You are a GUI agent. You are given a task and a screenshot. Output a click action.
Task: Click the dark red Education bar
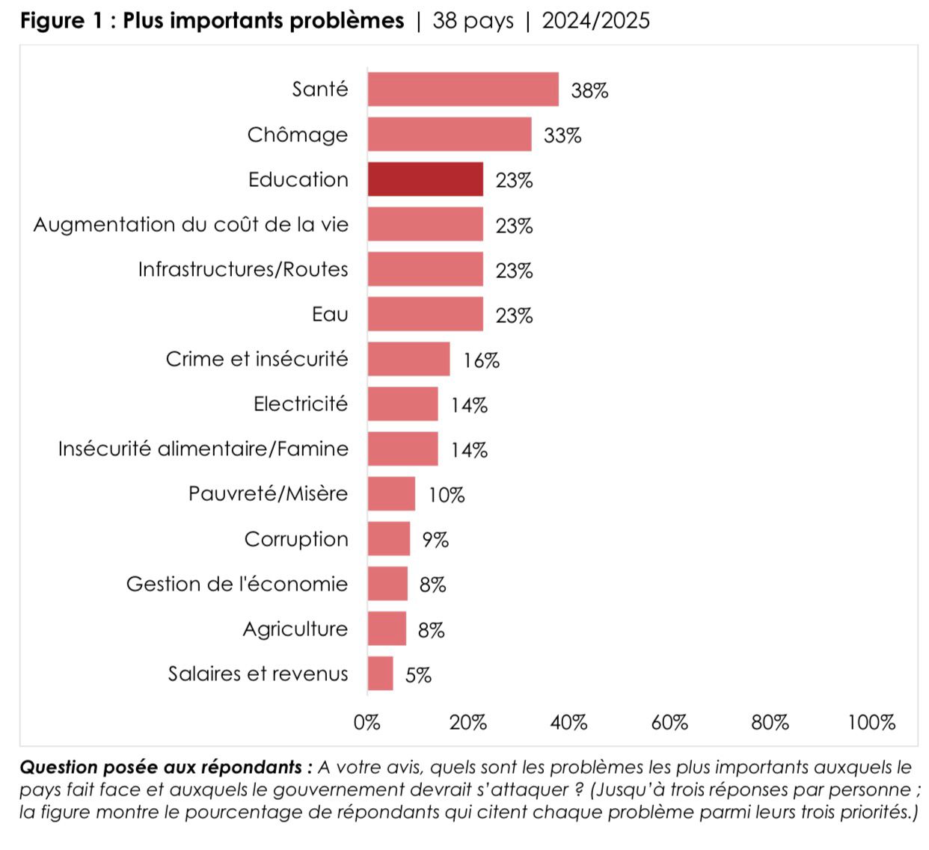pyautogui.click(x=425, y=179)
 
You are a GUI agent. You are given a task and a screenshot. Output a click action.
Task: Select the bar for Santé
pyautogui.click(x=462, y=90)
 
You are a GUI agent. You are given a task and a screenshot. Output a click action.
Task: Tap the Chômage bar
pyautogui.click(x=449, y=135)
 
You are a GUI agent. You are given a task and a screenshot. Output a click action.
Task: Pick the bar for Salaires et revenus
pyautogui.click(x=380, y=674)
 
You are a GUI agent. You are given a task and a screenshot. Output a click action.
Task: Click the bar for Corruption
pyautogui.click(x=388, y=539)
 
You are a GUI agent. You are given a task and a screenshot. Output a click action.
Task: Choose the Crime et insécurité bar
pyautogui.click(x=408, y=359)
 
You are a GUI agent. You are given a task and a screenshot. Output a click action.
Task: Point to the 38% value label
pyautogui.click(x=589, y=90)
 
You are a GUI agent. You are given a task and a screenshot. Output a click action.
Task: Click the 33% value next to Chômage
pyautogui.click(x=562, y=135)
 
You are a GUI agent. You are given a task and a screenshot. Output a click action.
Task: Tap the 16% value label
pyautogui.click(x=481, y=360)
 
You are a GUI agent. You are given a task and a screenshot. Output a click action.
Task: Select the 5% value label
pyautogui.click(x=418, y=675)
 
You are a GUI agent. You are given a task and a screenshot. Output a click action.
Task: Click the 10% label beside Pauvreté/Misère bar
pyautogui.click(x=446, y=495)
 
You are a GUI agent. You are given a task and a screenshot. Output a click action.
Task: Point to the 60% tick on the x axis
pyautogui.click(x=669, y=722)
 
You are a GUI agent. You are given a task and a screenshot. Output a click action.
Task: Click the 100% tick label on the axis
pyautogui.click(x=871, y=722)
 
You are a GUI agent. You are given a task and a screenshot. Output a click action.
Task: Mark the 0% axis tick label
pyautogui.click(x=367, y=722)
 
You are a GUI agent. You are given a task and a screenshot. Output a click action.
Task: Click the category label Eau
pyautogui.click(x=330, y=314)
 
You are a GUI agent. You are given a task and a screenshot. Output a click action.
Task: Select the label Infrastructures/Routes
pyautogui.click(x=243, y=269)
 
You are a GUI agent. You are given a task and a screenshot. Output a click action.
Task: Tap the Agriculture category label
pyautogui.click(x=295, y=629)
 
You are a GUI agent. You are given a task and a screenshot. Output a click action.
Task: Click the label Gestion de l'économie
pyautogui.click(x=237, y=584)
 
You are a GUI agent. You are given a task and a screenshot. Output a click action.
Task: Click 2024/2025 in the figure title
pyautogui.click(x=595, y=20)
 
